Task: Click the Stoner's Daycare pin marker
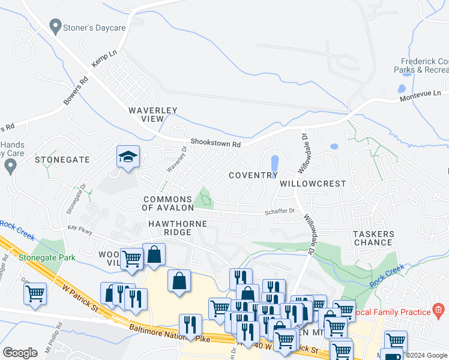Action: click(56, 26)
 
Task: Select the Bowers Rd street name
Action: click(76, 90)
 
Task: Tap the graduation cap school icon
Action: click(128, 157)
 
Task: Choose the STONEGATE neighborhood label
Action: click(62, 160)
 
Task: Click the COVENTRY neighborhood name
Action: click(253, 175)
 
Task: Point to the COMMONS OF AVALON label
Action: click(167, 203)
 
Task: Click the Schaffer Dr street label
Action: click(280, 211)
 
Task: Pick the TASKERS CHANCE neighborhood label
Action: click(373, 238)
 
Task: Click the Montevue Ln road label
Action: click(420, 94)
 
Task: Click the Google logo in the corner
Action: click(20, 353)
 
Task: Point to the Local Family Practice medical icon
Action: click(439, 311)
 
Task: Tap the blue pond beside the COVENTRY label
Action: click(274, 163)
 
